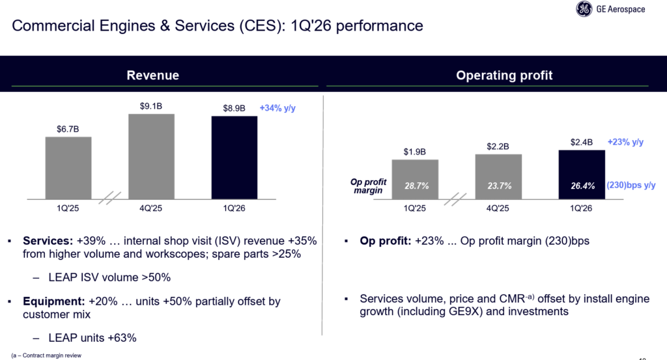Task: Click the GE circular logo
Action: point(584,9)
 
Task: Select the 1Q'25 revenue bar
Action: point(68,167)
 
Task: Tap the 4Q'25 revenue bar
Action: point(151,156)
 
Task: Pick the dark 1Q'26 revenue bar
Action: point(234,157)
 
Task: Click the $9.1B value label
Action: point(151,105)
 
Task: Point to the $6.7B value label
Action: point(68,128)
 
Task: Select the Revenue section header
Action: point(152,76)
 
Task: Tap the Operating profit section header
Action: point(504,76)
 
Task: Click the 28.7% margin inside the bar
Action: point(415,186)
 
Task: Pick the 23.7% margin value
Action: point(498,186)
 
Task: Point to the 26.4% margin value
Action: point(582,186)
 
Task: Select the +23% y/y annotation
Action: point(625,142)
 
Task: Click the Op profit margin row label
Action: point(369,186)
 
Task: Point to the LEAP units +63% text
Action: point(92,337)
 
